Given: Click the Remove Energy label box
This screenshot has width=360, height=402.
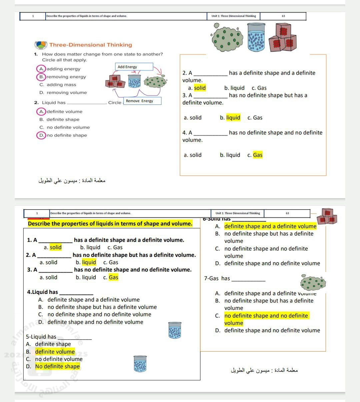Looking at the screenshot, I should tap(142, 101).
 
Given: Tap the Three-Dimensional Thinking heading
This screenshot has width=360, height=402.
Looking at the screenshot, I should tap(91, 45).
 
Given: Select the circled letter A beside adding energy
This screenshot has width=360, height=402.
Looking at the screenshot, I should tap(41, 69).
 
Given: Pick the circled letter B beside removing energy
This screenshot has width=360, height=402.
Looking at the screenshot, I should tap(41, 77).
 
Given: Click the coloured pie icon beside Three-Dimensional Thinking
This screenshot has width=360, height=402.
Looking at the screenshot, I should tap(41, 45).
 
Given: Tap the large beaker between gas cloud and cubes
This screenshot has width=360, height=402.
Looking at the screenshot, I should tap(256, 37).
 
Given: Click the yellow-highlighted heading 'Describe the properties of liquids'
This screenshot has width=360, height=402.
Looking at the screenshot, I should tap(110, 224).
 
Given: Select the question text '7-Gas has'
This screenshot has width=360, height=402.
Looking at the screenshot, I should tap(217, 279).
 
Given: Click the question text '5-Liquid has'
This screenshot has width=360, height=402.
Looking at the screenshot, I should tap(41, 337).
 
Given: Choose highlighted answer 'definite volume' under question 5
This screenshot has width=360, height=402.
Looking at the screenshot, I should tap(55, 352).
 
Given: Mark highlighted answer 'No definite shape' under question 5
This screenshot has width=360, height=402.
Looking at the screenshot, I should tap(57, 366).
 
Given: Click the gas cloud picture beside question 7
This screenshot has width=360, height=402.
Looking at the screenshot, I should tap(313, 283).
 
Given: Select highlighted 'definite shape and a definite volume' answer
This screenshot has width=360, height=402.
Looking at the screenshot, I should tap(270, 227).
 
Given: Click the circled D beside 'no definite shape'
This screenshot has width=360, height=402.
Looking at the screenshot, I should tap(41, 135).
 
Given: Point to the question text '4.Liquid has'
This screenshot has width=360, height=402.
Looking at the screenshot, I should tap(42, 292).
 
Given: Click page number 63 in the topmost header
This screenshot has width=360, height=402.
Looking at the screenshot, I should tap(283, 16).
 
